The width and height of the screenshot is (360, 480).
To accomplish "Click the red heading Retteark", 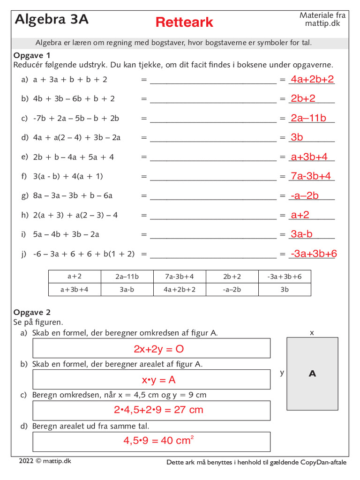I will pos(184,22).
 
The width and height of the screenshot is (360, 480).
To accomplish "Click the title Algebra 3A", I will pos(52,19).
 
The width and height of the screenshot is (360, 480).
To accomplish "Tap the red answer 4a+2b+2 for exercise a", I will pos(312,79).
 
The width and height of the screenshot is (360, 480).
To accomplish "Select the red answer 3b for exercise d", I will pos(297,137).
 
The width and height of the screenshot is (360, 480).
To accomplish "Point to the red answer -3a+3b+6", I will pos(314,254).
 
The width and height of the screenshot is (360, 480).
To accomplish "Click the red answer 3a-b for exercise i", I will pos(301,234).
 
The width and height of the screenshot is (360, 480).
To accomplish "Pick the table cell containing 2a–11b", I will pos(127,277).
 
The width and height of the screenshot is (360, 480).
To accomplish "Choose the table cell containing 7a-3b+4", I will pos(180,277).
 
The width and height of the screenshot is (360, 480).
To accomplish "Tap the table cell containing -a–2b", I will pos(232,290).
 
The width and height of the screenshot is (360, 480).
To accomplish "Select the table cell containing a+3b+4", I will pos(75,290).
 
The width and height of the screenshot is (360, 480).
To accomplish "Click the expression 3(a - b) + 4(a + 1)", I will pos(68,176).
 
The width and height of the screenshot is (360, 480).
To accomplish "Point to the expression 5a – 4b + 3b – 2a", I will pos(66,234).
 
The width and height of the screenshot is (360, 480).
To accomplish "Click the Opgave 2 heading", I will pos(32,312).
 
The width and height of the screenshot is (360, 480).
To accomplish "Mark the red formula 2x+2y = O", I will pos(152,349).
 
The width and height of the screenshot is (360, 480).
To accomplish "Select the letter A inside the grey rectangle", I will pos(312,374).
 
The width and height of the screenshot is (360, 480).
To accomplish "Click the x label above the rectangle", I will pos(312,332).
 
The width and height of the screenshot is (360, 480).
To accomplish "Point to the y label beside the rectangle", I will pos(282,373).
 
